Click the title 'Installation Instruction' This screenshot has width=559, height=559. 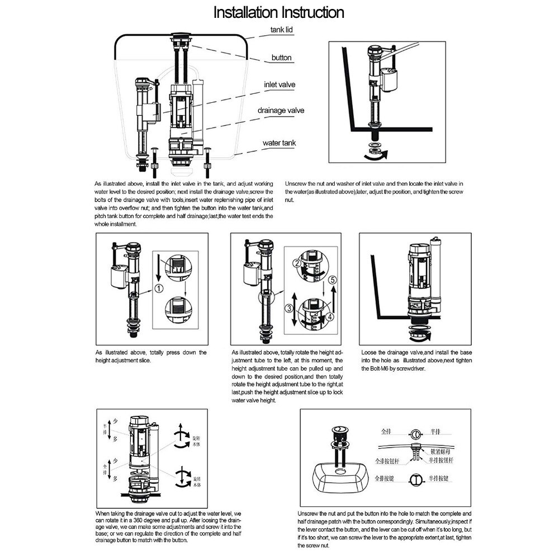[x=279, y=12]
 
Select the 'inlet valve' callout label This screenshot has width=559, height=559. [x=279, y=84]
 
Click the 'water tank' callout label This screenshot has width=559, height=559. [x=279, y=143]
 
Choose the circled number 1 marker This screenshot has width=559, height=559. [x=158, y=289]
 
